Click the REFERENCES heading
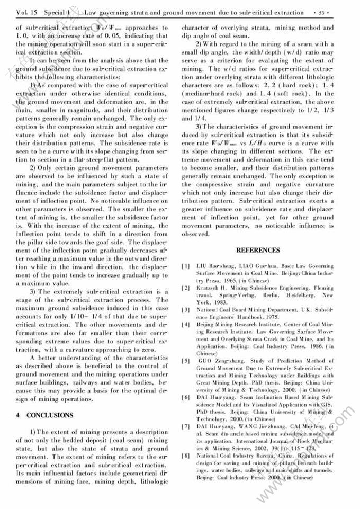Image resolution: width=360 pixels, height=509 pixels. click(x=258, y=250)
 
